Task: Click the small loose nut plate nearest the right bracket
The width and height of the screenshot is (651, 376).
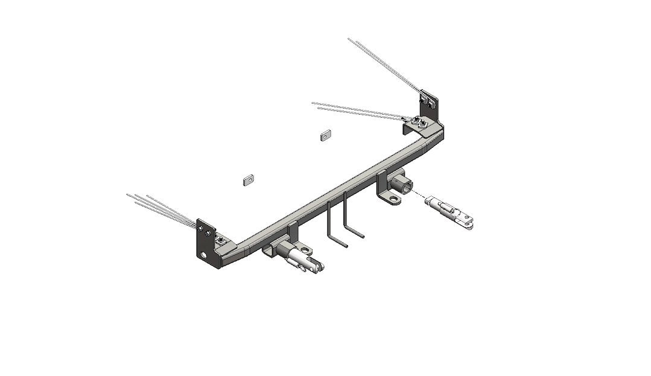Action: (325, 135)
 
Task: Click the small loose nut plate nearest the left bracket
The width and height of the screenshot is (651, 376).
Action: (247, 179)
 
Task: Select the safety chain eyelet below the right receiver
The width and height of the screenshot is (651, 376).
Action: (393, 199)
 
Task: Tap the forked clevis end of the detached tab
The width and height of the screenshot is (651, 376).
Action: (470, 223)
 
